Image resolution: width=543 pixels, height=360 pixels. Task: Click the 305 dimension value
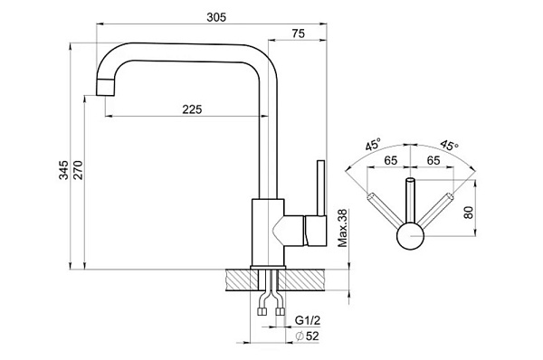click(x=216, y=17)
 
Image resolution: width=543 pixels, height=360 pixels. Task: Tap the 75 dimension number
click(x=298, y=33)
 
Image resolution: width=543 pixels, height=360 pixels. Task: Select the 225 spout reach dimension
click(x=192, y=109)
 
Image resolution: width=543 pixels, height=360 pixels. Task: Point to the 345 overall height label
click(x=63, y=170)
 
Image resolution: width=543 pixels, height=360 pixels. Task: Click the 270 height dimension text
click(x=78, y=170)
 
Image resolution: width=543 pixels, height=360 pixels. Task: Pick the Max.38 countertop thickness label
click(x=342, y=228)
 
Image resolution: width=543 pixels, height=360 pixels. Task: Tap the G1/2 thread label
click(x=308, y=320)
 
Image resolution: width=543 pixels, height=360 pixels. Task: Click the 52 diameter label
click(x=308, y=336)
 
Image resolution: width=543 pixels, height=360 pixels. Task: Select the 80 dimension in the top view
click(x=468, y=212)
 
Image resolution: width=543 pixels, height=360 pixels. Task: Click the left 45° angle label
click(x=373, y=144)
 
